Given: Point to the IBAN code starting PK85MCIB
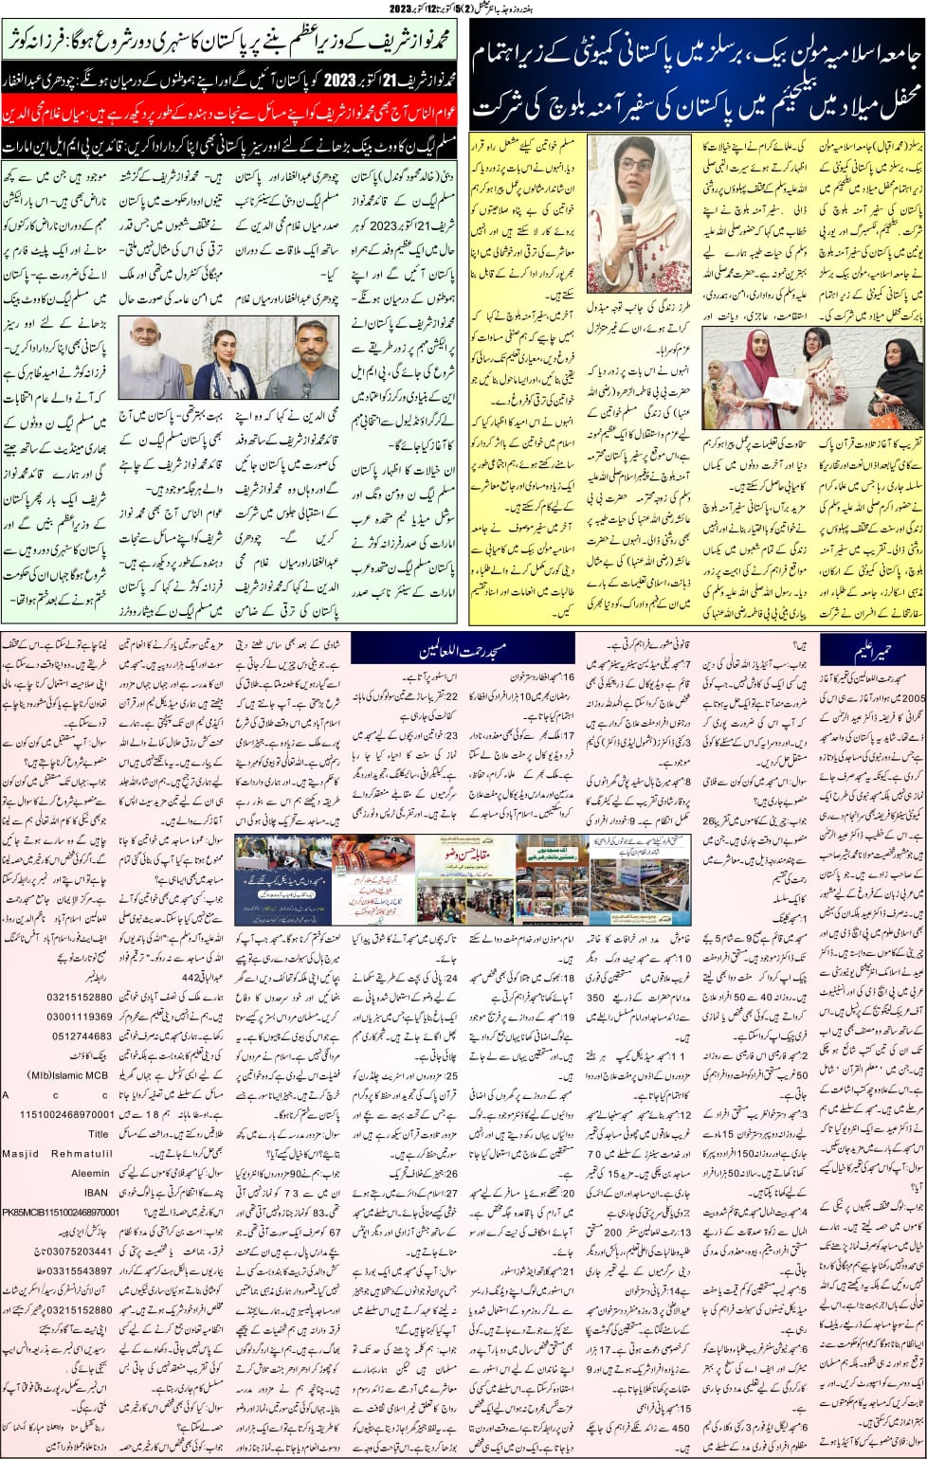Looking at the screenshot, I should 61,1212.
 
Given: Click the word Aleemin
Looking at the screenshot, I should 91,1173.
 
